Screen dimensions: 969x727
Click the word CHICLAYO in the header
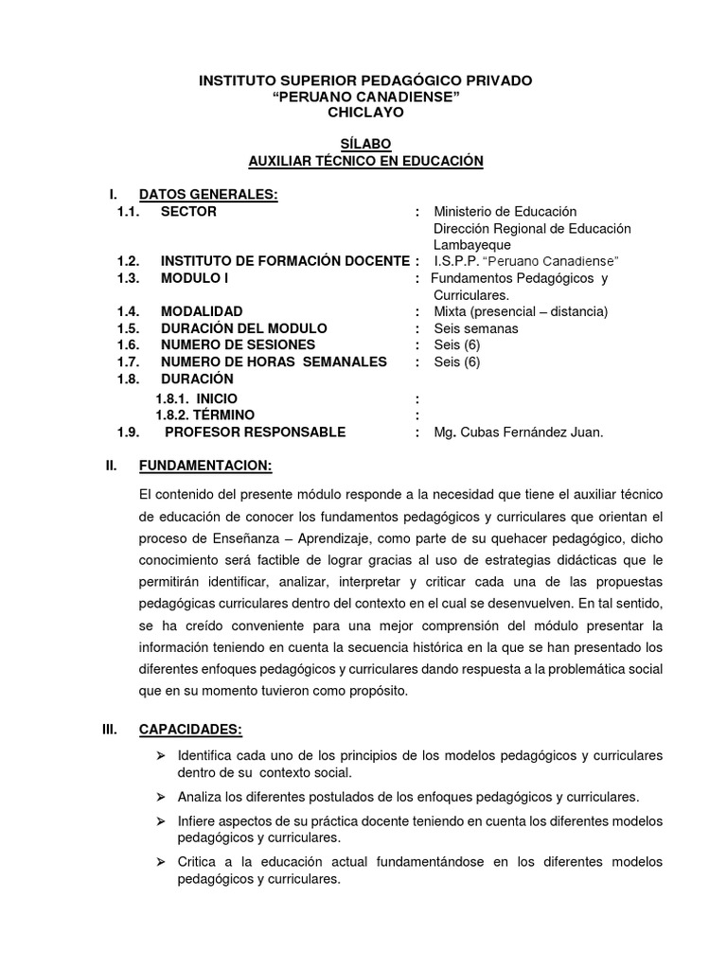364,112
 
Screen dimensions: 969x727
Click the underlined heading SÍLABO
364,144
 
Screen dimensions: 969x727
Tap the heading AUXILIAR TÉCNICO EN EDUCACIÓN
365,161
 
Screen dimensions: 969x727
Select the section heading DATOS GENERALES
208,194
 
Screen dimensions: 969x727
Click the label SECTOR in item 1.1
188,211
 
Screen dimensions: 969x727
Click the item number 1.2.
129,260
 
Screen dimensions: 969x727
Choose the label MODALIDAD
202,310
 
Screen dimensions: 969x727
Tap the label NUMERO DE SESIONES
238,344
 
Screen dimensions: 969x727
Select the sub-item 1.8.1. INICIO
197,399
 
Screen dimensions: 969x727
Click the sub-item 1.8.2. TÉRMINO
204,415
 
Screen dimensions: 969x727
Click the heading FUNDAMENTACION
205,466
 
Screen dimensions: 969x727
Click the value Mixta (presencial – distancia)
520,310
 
